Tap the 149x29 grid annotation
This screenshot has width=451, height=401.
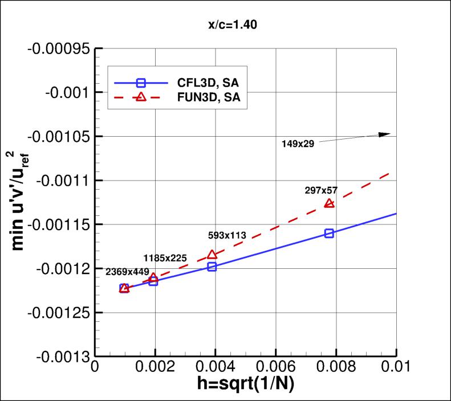pyautogui.click(x=298, y=144)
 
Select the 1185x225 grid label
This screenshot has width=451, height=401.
pyautogui.click(x=164, y=257)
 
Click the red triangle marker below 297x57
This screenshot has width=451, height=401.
pyautogui.click(x=329, y=203)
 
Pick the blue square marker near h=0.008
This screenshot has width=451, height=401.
pyautogui.click(x=329, y=233)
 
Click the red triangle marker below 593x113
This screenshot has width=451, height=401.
pyautogui.click(x=212, y=255)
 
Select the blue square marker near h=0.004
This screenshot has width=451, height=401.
pyautogui.click(x=212, y=267)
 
